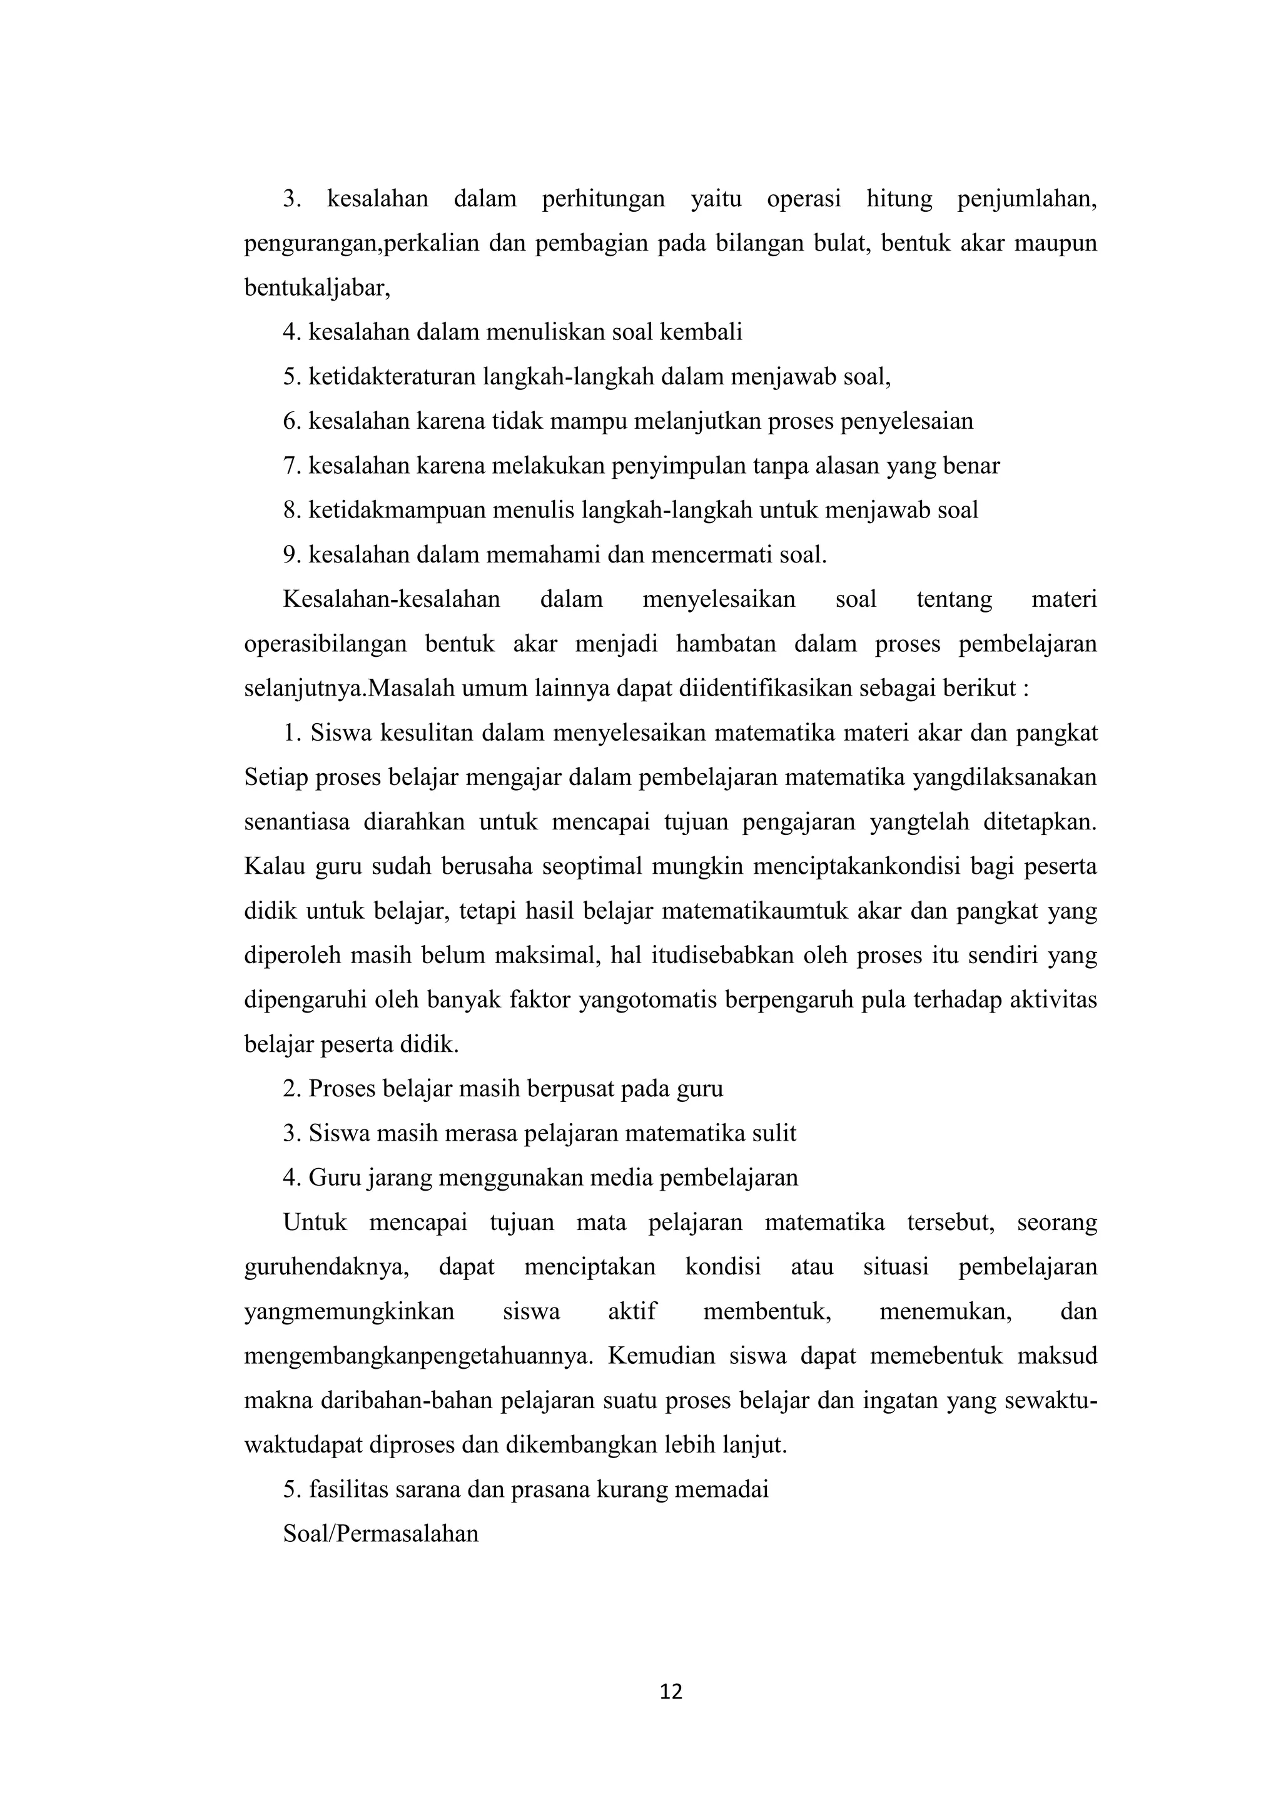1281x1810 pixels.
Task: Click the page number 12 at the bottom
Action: pos(671,1692)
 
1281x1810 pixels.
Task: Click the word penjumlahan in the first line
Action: pos(1027,199)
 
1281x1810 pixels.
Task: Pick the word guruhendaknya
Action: pos(326,1267)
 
